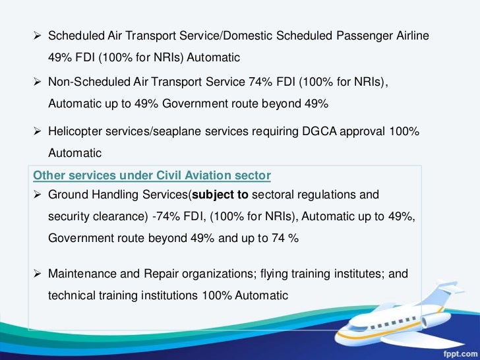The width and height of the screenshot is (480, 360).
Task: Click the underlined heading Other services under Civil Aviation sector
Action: click(x=152, y=175)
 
